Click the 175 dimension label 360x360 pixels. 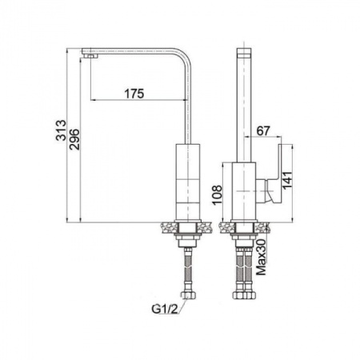(x=134, y=94)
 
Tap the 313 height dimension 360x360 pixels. (x=61, y=130)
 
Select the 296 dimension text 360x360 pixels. (x=74, y=139)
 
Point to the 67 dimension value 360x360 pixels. (x=263, y=130)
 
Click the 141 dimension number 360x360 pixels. (x=287, y=181)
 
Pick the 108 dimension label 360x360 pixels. (x=217, y=195)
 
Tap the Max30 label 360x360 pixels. (x=262, y=257)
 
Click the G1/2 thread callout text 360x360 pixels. (x=165, y=309)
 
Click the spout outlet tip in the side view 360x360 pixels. (x=90, y=56)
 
